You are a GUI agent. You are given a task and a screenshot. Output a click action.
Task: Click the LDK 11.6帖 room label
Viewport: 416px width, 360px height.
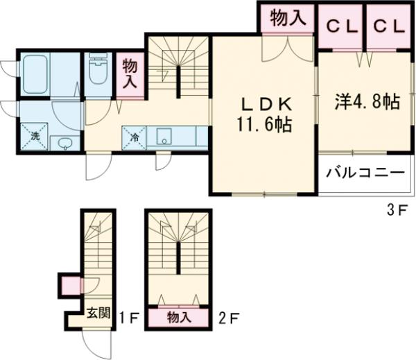coord(265,115)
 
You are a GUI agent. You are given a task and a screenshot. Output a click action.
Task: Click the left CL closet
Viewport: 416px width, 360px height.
coord(341,26)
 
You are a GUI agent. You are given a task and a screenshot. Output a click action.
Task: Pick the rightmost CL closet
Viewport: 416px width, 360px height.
coord(385,26)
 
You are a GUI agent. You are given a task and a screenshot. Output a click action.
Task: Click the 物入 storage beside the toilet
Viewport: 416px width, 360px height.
coord(129,74)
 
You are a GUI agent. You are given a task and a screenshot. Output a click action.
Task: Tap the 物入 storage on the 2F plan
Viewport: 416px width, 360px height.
coord(178,317)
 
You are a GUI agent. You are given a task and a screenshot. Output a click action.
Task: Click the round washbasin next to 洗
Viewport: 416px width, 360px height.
coord(64,144)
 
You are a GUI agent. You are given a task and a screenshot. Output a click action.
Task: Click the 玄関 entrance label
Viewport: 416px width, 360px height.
coord(98,312)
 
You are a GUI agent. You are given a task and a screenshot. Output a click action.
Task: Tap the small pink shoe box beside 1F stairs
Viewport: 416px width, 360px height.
coord(70,284)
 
